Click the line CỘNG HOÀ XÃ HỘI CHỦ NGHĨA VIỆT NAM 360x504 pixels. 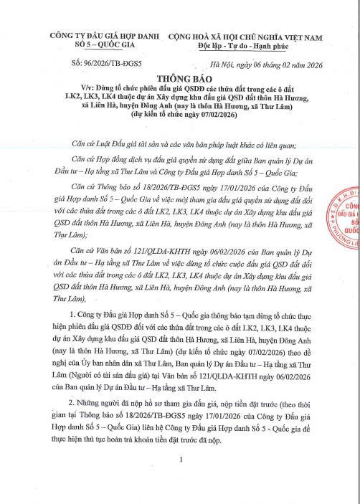pyautogui.click(x=244, y=34)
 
